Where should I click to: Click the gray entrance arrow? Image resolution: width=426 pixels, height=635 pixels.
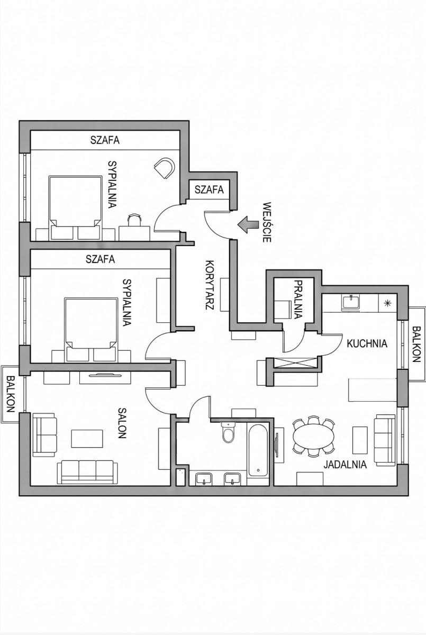[x=248, y=224]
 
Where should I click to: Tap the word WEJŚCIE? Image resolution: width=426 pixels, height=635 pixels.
[x=266, y=222]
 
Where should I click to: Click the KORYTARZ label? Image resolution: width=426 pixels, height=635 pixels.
[x=209, y=285]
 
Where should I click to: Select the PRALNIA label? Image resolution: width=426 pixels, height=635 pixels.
[x=298, y=300]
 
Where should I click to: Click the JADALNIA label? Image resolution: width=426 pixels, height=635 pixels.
[x=345, y=465]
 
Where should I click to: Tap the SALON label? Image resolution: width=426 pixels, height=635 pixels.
[x=122, y=423]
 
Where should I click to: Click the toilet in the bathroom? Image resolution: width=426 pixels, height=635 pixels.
[x=228, y=433]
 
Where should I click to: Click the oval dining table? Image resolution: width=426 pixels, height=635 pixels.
[x=313, y=437]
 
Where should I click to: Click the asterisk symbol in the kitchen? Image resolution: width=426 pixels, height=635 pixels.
[x=387, y=303]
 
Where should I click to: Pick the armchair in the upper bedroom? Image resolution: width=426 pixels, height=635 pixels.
[x=164, y=168]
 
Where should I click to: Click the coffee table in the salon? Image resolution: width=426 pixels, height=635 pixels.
[x=87, y=439]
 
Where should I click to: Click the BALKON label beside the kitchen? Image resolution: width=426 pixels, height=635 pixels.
[x=416, y=344]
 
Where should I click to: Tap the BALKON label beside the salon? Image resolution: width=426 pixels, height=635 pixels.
[x=11, y=394]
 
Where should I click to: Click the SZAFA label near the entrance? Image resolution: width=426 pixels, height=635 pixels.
[x=209, y=189]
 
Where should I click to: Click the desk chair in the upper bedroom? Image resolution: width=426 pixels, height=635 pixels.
[x=134, y=220]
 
